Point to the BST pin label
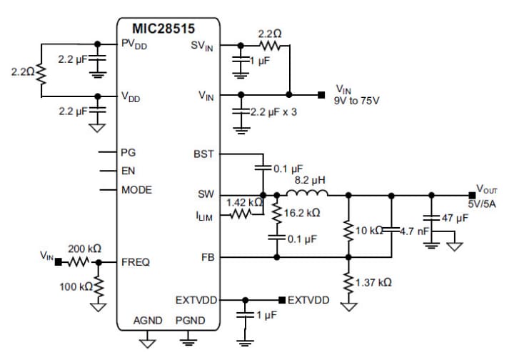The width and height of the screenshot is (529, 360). click(x=203, y=154)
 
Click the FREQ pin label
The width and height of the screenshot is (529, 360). click(x=136, y=262)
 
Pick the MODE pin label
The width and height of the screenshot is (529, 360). click(x=136, y=190)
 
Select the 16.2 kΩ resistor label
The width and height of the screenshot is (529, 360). click(x=301, y=213)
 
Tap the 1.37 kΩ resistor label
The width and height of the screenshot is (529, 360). click(x=373, y=283)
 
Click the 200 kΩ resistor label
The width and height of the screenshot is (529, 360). click(x=84, y=249)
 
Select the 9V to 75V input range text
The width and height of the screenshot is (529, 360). click(x=356, y=101)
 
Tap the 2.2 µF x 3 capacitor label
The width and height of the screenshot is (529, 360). click(x=273, y=113)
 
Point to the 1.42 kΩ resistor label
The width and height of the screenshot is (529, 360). click(x=241, y=203)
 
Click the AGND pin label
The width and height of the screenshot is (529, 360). click(x=148, y=321)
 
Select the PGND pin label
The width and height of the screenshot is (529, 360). click(x=190, y=321)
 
